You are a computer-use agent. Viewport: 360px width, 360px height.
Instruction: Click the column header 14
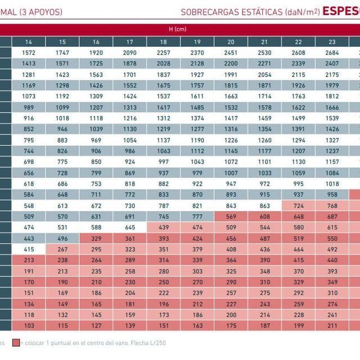coord(29,42)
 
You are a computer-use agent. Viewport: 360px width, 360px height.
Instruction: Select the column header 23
coord(332,42)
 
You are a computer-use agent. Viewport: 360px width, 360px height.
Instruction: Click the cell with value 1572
coord(29,52)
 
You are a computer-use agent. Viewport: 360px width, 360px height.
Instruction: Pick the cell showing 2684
coord(332,52)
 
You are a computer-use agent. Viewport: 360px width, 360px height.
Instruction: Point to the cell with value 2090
coord(129,52)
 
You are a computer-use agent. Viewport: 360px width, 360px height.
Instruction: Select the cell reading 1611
coord(197,96)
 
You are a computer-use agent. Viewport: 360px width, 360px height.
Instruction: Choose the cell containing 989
coord(29,107)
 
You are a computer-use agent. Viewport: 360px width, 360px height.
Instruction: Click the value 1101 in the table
coord(264,161)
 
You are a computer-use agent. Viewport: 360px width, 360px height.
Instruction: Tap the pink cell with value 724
coord(298,205)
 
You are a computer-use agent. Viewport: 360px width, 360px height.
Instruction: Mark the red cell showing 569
coord(231,216)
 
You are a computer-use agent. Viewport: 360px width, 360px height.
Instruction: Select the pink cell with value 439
coord(163,227)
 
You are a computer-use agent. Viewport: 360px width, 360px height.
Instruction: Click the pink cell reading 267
coord(62,249)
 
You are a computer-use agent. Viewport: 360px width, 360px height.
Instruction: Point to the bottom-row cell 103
coord(29,325)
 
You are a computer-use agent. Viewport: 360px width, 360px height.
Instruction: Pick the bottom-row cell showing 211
coord(332,325)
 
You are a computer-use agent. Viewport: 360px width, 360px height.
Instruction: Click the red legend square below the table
coord(15,343)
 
